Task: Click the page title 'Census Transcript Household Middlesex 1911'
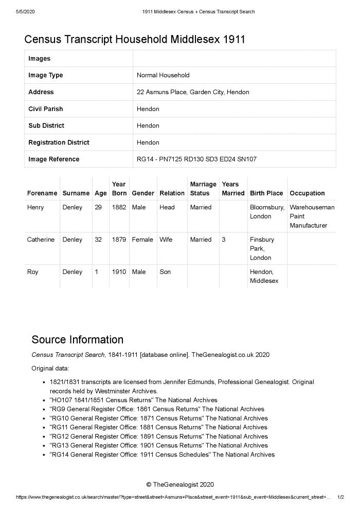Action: click(x=135, y=39)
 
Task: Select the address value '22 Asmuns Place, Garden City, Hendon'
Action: click(x=193, y=92)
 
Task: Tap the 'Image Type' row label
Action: click(x=46, y=75)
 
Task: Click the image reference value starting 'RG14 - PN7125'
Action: click(x=196, y=159)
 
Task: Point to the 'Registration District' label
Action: click(x=59, y=142)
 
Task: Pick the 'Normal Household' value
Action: click(x=163, y=75)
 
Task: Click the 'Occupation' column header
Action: click(x=307, y=193)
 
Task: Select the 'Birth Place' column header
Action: click(x=266, y=193)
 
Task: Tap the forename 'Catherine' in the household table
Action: click(x=41, y=240)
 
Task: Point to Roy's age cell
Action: click(x=97, y=272)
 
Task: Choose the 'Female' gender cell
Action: click(x=142, y=240)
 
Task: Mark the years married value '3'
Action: click(x=224, y=240)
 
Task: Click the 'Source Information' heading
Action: click(x=78, y=339)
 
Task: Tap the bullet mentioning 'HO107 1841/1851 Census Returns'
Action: click(x=134, y=400)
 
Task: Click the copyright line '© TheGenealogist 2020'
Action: click(x=179, y=484)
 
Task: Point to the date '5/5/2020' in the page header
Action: click(x=25, y=11)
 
